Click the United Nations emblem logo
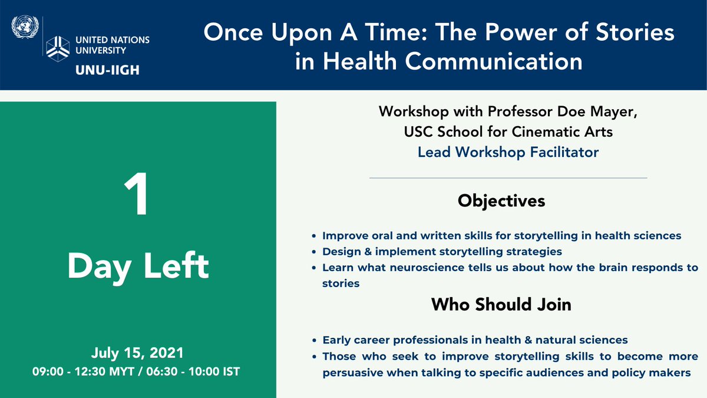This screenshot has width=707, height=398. coord(25,27)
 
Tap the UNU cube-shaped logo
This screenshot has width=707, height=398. coord(58,48)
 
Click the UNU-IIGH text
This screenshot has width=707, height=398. coord(107,70)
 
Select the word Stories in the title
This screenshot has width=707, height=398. coord(635,32)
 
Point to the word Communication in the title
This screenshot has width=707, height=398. coord(494,61)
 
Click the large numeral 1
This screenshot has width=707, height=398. coord(136,193)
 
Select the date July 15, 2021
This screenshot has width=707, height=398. coord(137,353)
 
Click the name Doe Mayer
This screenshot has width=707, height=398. coord(597,112)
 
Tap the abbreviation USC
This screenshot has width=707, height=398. coord(418,132)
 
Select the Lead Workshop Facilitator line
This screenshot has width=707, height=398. coord(508,152)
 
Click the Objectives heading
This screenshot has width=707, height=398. coord(501,201)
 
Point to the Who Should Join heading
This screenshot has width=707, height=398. coord(501,304)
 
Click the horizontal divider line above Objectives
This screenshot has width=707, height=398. coord(508,178)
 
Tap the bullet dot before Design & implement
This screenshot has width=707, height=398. coord(313,252)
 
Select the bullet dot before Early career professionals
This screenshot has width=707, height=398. coord(313,340)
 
